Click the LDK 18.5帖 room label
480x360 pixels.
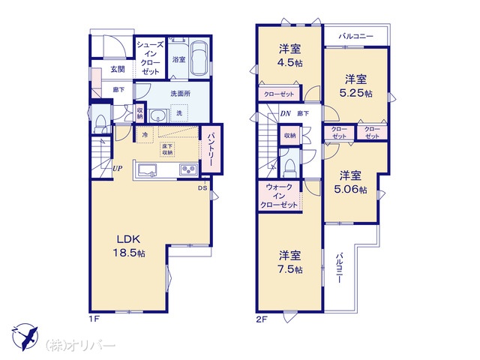pyautogui.click(x=129, y=246)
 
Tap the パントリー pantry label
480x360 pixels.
pyautogui.click(x=211, y=150)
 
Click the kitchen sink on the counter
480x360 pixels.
pyautogui.click(x=147, y=169)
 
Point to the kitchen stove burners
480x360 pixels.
pyautogui.click(x=188, y=169)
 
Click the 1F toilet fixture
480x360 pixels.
pyautogui.click(x=100, y=123)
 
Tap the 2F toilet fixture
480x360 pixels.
pyautogui.click(x=289, y=168)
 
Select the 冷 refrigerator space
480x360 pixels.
pyautogui.click(x=145, y=135)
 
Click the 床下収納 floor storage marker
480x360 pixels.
pyautogui.click(x=167, y=150)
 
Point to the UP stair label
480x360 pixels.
pyautogui.click(x=118, y=168)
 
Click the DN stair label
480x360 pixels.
pyautogui.click(x=285, y=113)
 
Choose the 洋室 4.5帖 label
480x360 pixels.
pyautogui.click(x=289, y=55)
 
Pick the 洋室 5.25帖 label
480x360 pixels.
pyautogui.click(x=355, y=86)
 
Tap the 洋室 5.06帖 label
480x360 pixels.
pyautogui.click(x=350, y=182)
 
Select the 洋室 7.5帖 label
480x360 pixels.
pyautogui.click(x=289, y=262)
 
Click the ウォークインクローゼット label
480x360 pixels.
pyautogui.click(x=279, y=196)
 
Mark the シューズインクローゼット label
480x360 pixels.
pyautogui.click(x=150, y=58)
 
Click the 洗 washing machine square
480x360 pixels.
pyautogui.click(x=179, y=113)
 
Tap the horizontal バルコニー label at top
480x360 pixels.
pyautogui.click(x=355, y=37)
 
